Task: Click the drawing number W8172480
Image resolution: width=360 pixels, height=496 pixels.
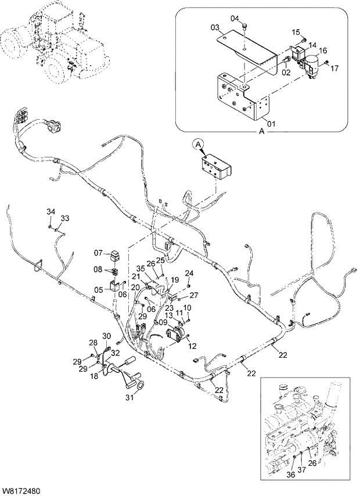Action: [21, 491]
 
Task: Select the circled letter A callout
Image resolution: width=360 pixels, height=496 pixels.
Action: [199, 143]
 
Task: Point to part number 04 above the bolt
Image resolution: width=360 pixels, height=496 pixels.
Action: [235, 19]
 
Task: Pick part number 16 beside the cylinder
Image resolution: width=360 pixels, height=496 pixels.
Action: [322, 51]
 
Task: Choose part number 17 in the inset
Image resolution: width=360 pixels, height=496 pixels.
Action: [334, 69]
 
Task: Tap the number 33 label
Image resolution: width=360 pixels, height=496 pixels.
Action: [65, 218]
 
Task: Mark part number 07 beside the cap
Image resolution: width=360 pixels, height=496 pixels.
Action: [99, 253]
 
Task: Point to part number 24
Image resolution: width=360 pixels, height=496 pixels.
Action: [189, 273]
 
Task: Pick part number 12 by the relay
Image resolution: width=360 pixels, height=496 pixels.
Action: [192, 346]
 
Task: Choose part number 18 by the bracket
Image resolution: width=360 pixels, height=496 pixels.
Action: [95, 378]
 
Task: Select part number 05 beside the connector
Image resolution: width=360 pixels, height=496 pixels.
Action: [99, 290]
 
